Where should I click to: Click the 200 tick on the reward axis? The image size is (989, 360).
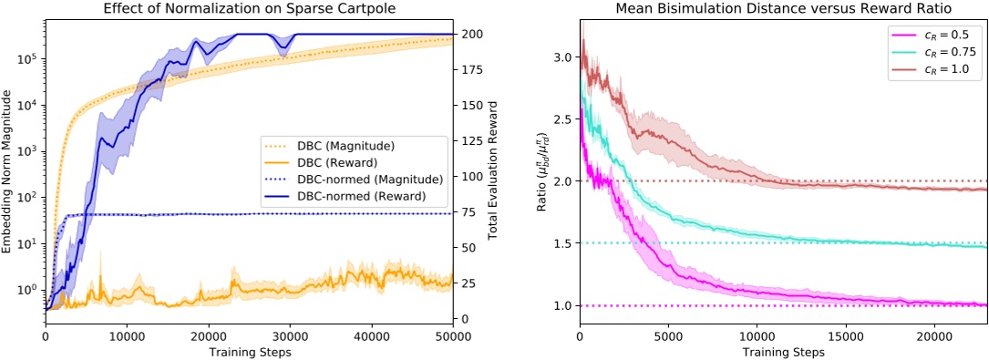click(470, 34)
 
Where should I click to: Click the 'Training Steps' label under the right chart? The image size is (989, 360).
click(783, 351)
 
